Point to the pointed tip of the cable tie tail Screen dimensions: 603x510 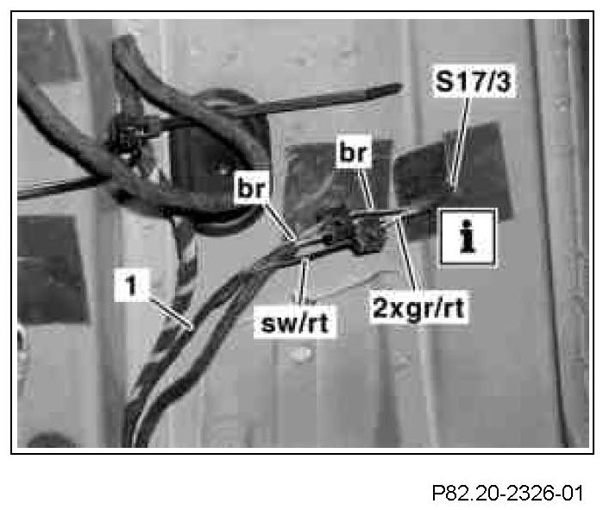(x=399, y=86)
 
